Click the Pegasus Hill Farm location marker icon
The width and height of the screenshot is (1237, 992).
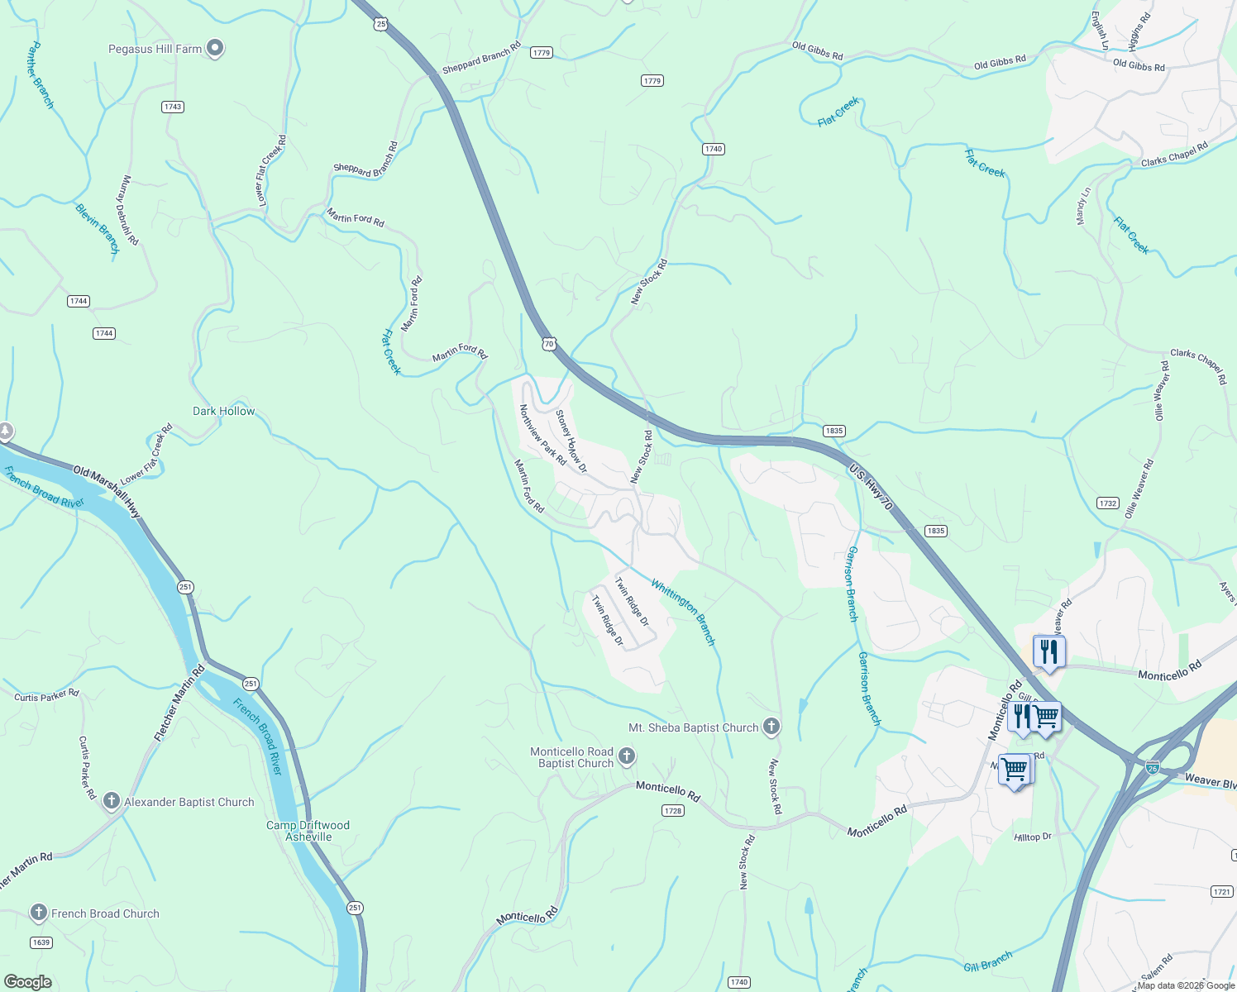pyautogui.click(x=215, y=49)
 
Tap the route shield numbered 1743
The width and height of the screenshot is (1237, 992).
pyautogui.click(x=173, y=107)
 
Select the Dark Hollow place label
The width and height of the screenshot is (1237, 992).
pyautogui.click(x=223, y=411)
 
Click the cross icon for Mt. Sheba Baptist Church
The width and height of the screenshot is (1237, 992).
pyautogui.click(x=771, y=727)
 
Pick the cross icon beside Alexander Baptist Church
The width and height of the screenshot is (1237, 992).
pyautogui.click(x=112, y=802)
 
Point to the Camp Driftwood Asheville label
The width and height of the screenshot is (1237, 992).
pyautogui.click(x=308, y=831)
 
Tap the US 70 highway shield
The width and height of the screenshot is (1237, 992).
pyautogui.click(x=549, y=343)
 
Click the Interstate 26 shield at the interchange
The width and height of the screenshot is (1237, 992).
pyautogui.click(x=1153, y=768)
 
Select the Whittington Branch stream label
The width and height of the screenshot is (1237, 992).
pyautogui.click(x=683, y=613)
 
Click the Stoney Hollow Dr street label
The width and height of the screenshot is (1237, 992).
pyautogui.click(x=571, y=441)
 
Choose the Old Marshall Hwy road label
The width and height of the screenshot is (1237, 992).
pyautogui.click(x=107, y=493)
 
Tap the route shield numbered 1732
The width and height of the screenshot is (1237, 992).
pyautogui.click(x=1108, y=503)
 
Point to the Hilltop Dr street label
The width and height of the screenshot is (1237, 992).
pyautogui.click(x=1033, y=837)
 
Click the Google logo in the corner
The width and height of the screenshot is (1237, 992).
pyautogui.click(x=28, y=982)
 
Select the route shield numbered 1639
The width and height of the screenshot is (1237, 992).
pyautogui.click(x=41, y=942)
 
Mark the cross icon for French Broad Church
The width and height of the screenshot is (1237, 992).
pyautogui.click(x=39, y=913)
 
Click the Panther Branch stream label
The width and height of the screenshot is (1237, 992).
pyautogui.click(x=41, y=75)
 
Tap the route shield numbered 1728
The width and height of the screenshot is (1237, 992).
pyautogui.click(x=673, y=811)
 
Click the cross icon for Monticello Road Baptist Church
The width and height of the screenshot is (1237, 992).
pyautogui.click(x=627, y=756)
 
